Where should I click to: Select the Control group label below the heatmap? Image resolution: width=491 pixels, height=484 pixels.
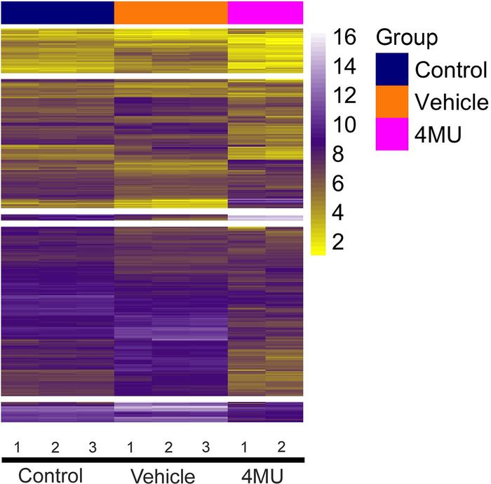51,475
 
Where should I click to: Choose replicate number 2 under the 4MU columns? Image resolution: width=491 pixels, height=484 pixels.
283,447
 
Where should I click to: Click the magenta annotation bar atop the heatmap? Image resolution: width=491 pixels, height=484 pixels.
265,12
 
